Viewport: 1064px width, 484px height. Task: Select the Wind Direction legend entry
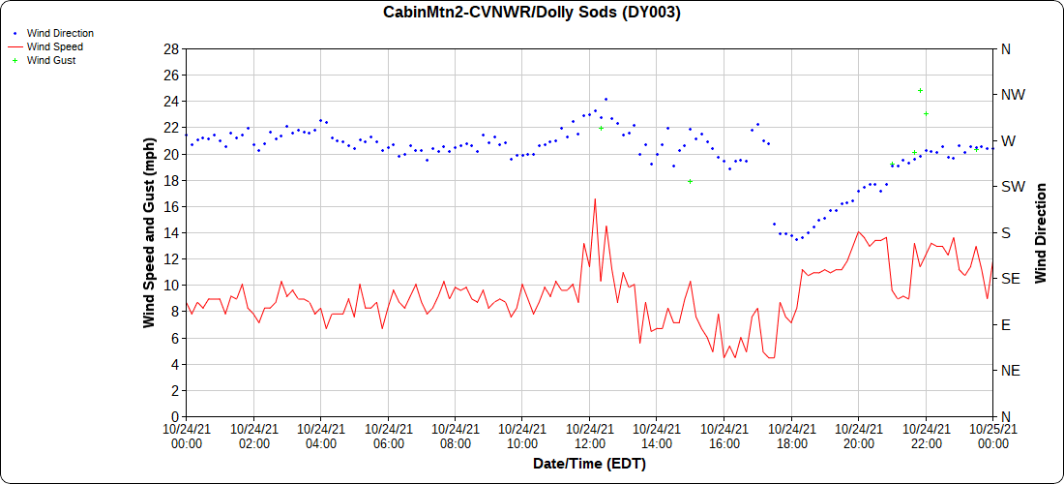click(60, 33)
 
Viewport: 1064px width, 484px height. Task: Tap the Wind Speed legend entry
click(55, 46)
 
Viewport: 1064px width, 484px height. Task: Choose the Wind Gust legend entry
click(51, 60)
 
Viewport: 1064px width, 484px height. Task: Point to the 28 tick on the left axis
click(171, 49)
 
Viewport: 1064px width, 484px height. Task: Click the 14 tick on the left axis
click(171, 232)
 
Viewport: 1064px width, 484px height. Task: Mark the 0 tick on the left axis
click(175, 416)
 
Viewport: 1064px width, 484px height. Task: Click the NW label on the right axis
click(1013, 95)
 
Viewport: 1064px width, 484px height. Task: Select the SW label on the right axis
click(1013, 187)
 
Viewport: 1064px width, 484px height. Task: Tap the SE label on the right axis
click(1011, 279)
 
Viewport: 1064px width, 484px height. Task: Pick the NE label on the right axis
click(1011, 371)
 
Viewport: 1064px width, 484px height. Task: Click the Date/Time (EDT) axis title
click(589, 464)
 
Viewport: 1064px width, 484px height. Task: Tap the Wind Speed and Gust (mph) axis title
click(149, 232)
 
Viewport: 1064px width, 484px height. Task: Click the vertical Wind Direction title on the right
click(1041, 232)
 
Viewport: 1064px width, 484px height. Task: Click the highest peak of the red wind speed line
click(595, 198)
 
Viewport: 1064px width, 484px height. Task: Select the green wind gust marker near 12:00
click(601, 128)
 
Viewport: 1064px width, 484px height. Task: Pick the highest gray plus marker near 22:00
click(920, 90)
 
